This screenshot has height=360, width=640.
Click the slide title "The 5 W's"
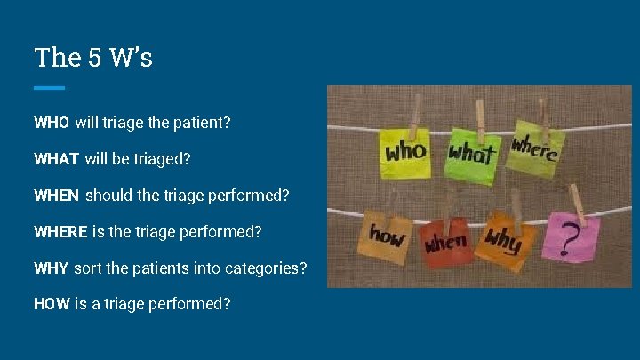93,58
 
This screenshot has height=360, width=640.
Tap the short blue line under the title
49,87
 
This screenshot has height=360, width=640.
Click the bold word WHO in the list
52,122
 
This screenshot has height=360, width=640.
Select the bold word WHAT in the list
56,159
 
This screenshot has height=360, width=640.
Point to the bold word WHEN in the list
56,196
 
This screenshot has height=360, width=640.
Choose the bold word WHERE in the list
60,232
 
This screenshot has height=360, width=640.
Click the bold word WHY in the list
51,268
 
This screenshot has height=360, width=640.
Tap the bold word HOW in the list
52,304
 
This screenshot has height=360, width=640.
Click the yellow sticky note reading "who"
404,151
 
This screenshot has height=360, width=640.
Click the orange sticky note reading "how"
388,238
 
